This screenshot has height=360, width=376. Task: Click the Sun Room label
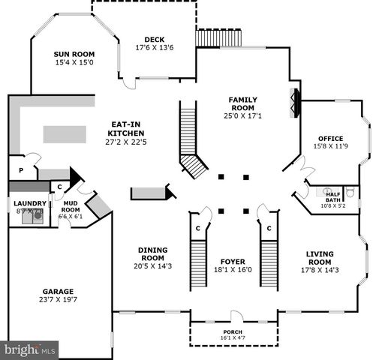point(74,54)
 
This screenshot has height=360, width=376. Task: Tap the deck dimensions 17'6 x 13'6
point(155,48)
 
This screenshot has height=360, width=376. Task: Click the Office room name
point(330,138)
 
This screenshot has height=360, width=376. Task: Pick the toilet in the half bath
point(348,193)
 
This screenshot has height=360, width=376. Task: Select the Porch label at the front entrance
point(233,331)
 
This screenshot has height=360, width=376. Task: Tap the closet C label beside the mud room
point(59,187)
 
